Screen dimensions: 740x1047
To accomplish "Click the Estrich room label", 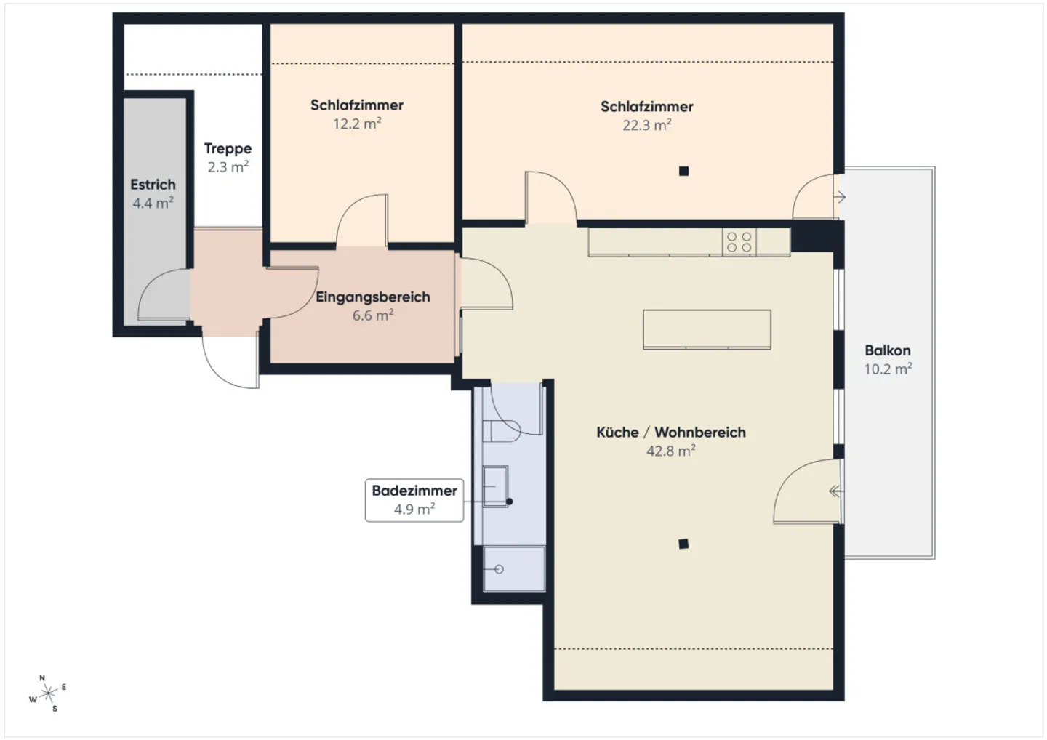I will (153, 185).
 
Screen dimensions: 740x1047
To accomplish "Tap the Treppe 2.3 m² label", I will (228, 157).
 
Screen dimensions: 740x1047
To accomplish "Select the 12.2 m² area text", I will (357, 124).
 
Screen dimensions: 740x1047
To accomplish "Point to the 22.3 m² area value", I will (646, 125).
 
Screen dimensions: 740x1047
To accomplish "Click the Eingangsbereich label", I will (372, 297).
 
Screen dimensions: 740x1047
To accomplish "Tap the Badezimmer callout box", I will (414, 500).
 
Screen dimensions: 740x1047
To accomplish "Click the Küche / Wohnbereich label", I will (670, 433).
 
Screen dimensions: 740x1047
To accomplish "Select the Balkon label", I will (887, 350).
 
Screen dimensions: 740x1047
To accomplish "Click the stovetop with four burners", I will (739, 242).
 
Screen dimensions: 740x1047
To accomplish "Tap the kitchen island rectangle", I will (707, 329).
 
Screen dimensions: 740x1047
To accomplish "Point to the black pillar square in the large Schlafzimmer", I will (683, 172).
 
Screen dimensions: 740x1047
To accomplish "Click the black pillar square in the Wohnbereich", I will (683, 544).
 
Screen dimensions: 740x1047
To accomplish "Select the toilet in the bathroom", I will (502, 430).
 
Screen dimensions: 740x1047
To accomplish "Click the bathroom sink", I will (496, 486).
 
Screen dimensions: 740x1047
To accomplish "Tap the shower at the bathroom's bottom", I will (513, 568).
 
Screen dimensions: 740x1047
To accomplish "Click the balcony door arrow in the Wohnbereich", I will (836, 491).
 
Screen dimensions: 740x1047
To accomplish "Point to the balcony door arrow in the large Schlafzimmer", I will (839, 197).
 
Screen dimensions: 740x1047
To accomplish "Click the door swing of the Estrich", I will (164, 294).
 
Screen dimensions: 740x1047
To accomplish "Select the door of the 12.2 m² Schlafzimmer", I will (361, 221).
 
